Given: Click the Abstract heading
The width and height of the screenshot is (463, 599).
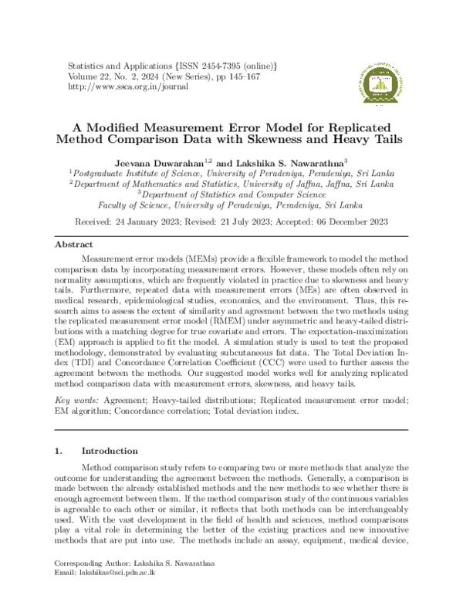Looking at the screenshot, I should pos(73,244).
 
